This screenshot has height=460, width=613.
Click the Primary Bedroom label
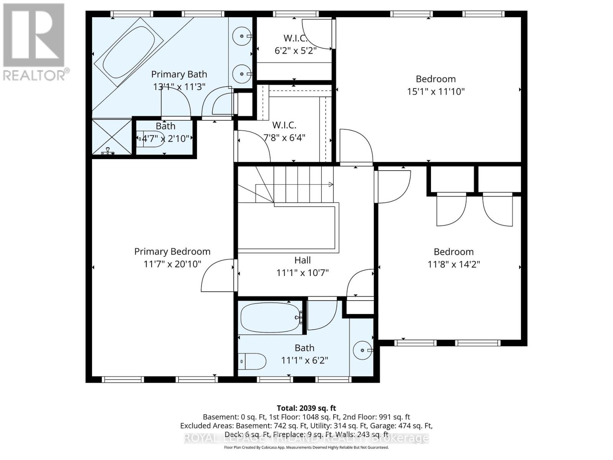[x=172, y=251]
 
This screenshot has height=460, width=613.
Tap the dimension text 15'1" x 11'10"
[x=436, y=92]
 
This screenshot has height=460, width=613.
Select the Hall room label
[x=302, y=260]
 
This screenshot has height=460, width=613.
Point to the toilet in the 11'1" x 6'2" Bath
[x=252, y=361]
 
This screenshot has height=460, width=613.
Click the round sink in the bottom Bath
[x=362, y=350]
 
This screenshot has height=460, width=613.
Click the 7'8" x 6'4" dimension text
[x=284, y=137]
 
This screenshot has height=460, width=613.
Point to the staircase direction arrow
[x=331, y=185]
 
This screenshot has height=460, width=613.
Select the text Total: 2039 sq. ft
[x=306, y=408]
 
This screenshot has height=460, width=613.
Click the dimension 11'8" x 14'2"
[x=454, y=264]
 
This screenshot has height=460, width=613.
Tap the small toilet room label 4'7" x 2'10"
[x=166, y=138]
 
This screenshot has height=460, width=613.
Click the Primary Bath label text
[x=179, y=74]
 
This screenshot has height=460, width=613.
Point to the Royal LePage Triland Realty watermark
[x=306, y=438]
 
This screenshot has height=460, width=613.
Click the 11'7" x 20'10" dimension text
[x=172, y=264]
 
